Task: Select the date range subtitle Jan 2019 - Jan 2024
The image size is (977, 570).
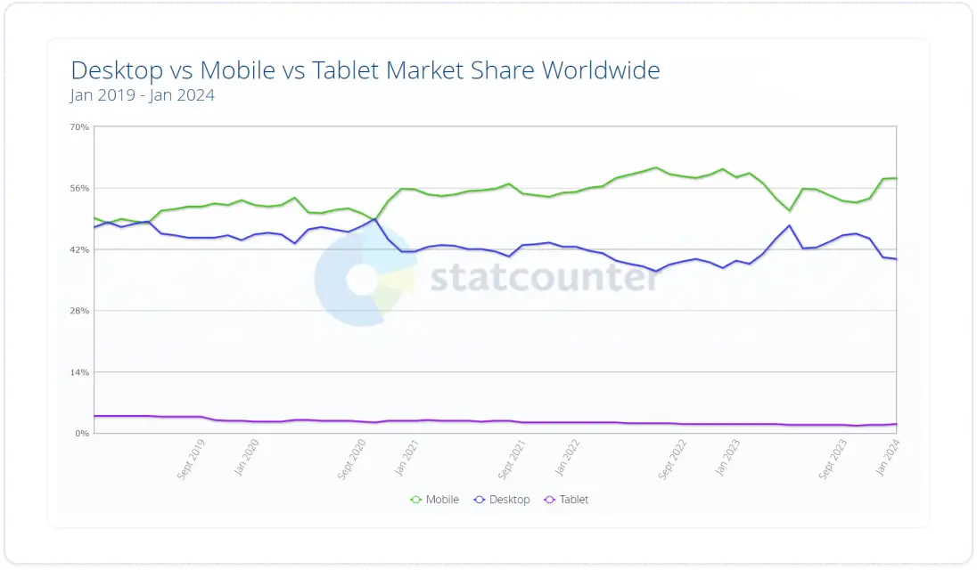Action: click(x=143, y=95)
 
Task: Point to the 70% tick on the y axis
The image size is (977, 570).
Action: click(x=79, y=127)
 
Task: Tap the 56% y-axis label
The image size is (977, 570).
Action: click(x=79, y=189)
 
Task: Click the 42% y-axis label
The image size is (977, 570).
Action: click(x=79, y=250)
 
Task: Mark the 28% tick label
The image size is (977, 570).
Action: click(x=79, y=311)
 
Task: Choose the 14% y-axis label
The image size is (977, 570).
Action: click(x=79, y=372)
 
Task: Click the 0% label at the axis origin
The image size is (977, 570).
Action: click(x=82, y=434)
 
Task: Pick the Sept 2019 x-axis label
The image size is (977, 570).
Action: click(x=192, y=459)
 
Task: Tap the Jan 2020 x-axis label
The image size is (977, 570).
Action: click(x=246, y=457)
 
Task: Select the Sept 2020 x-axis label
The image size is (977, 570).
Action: click(x=353, y=459)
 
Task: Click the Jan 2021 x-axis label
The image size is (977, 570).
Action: click(x=407, y=457)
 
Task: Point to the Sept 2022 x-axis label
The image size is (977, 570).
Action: click(x=674, y=459)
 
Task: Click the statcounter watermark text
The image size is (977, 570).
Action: click(x=545, y=278)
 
